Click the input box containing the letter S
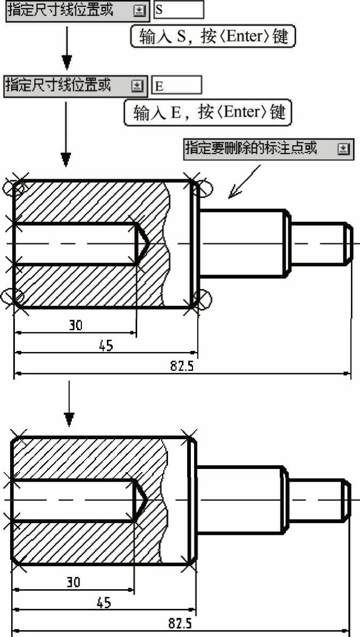coord(178,10)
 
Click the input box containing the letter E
coord(177,85)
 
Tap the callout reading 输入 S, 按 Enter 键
coord(213,36)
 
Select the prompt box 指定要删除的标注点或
coord(269,148)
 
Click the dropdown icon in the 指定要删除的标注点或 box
coord(344,149)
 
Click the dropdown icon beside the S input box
coord(139,10)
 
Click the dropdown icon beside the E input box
coord(137,85)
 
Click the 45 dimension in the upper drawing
coord(106,346)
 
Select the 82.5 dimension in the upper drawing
coord(182,367)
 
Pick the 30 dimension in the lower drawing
coord(73,582)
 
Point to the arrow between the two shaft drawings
coord(69,404)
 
